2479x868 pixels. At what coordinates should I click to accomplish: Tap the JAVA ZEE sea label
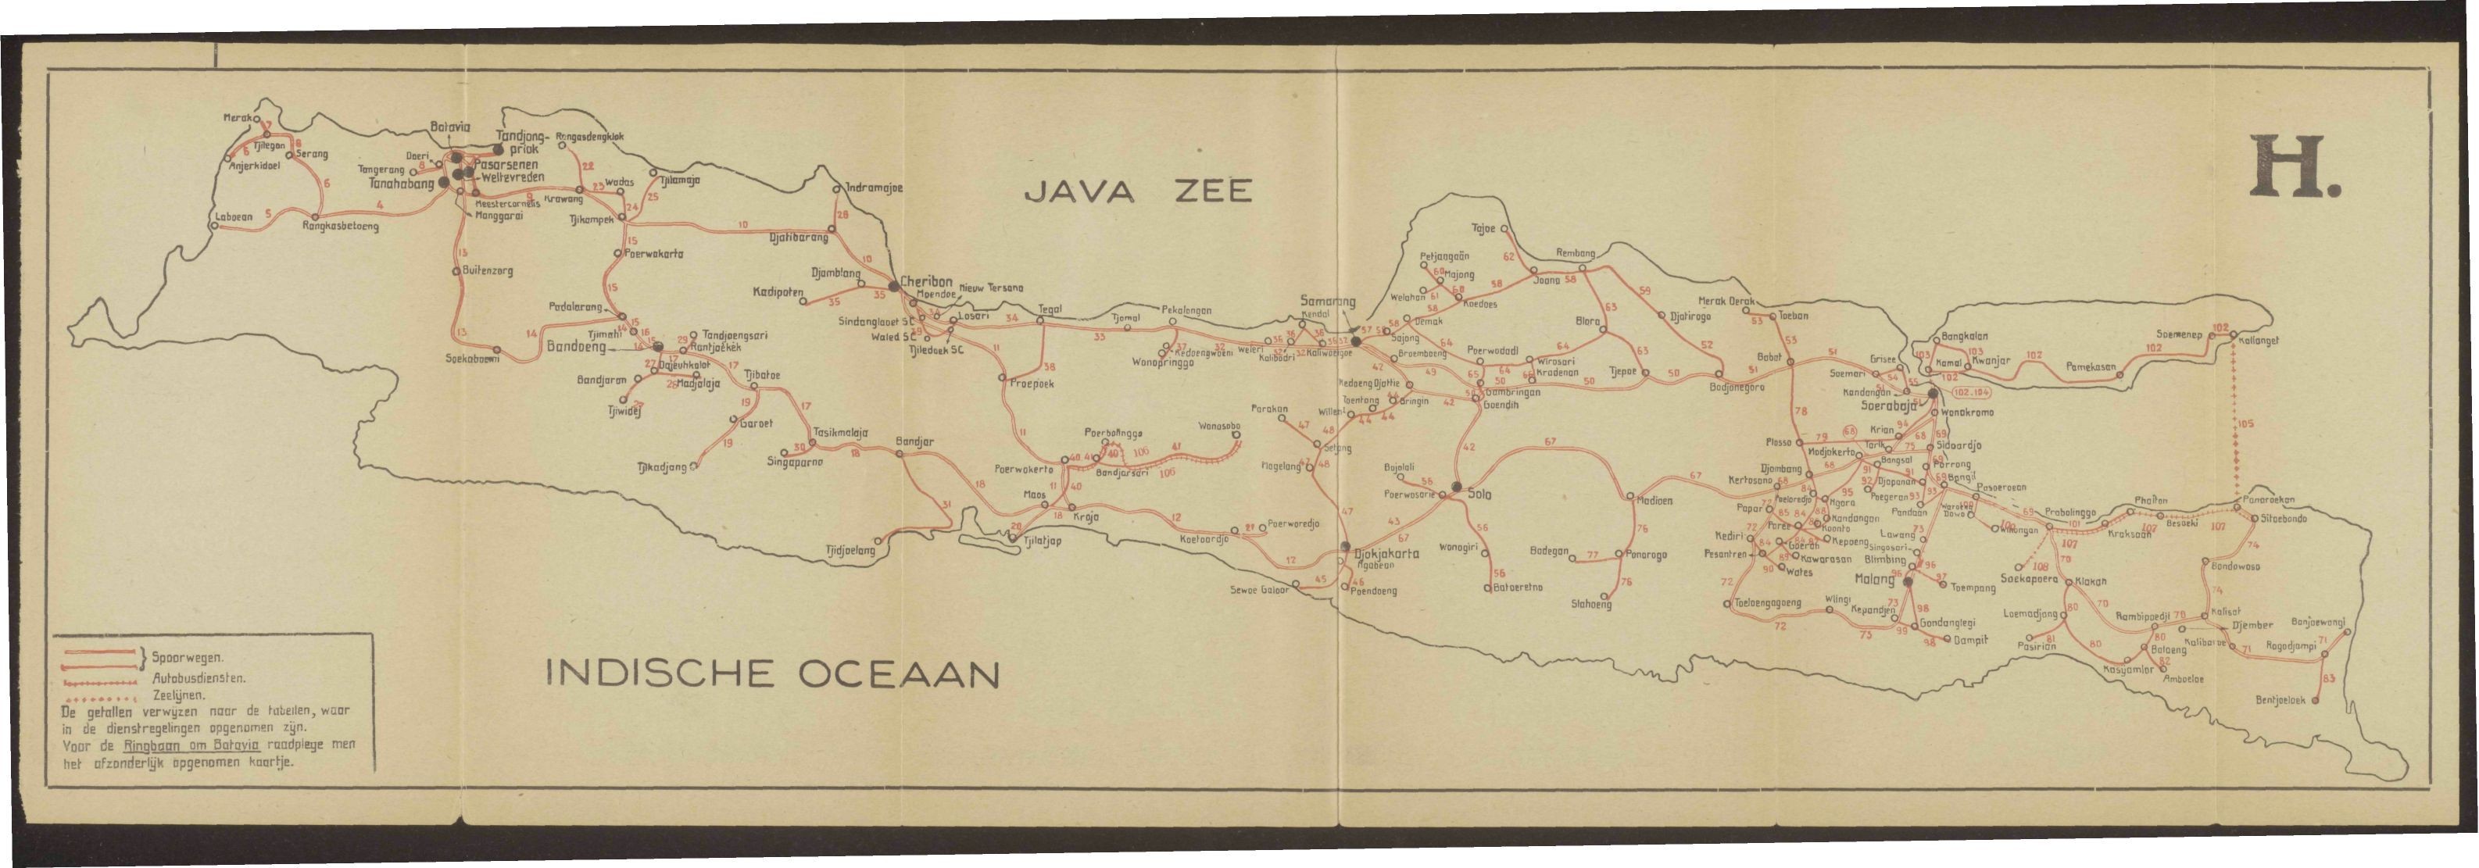pos(1137,191)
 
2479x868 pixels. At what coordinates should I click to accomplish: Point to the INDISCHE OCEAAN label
pos(772,673)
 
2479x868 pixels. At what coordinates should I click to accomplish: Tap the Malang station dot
pos(1908,580)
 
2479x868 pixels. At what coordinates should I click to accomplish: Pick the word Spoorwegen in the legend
pos(188,658)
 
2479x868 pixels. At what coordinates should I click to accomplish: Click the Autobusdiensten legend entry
pos(199,677)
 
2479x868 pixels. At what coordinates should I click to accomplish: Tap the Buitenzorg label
pos(488,271)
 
